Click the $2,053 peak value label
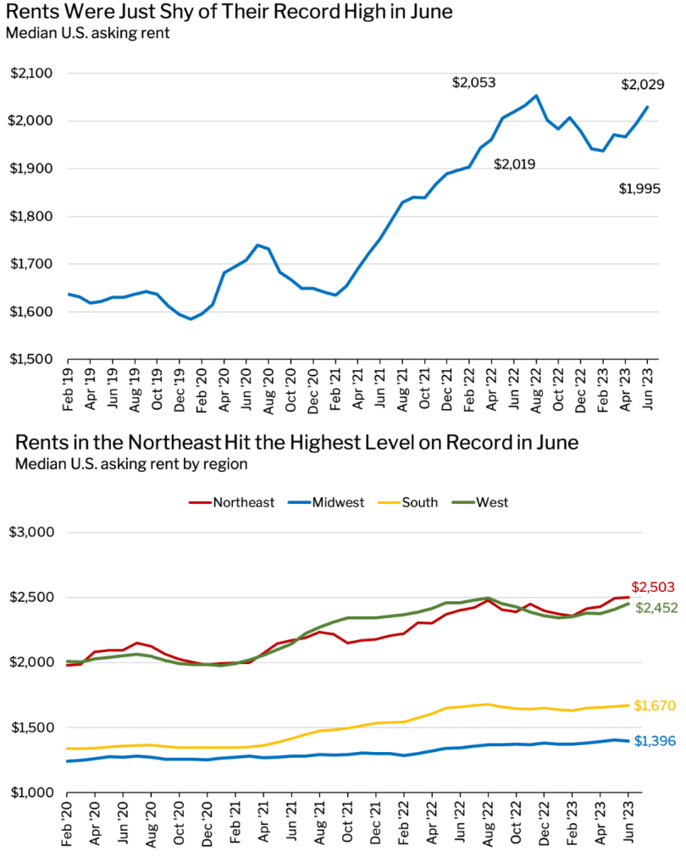pos(473,83)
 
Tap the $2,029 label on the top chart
pos(643,85)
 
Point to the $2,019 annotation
pos(515,164)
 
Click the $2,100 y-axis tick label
pos(32,74)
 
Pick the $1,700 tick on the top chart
pos(32,264)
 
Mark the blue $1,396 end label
pos(656,743)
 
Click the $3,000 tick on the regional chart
pos(32,533)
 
